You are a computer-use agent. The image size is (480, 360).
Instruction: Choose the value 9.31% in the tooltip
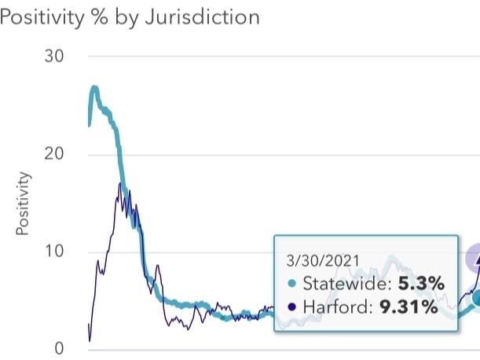click(x=409, y=307)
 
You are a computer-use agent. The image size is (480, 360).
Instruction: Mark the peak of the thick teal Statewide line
click(x=94, y=88)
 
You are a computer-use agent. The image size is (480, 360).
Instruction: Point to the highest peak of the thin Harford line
click(x=120, y=184)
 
